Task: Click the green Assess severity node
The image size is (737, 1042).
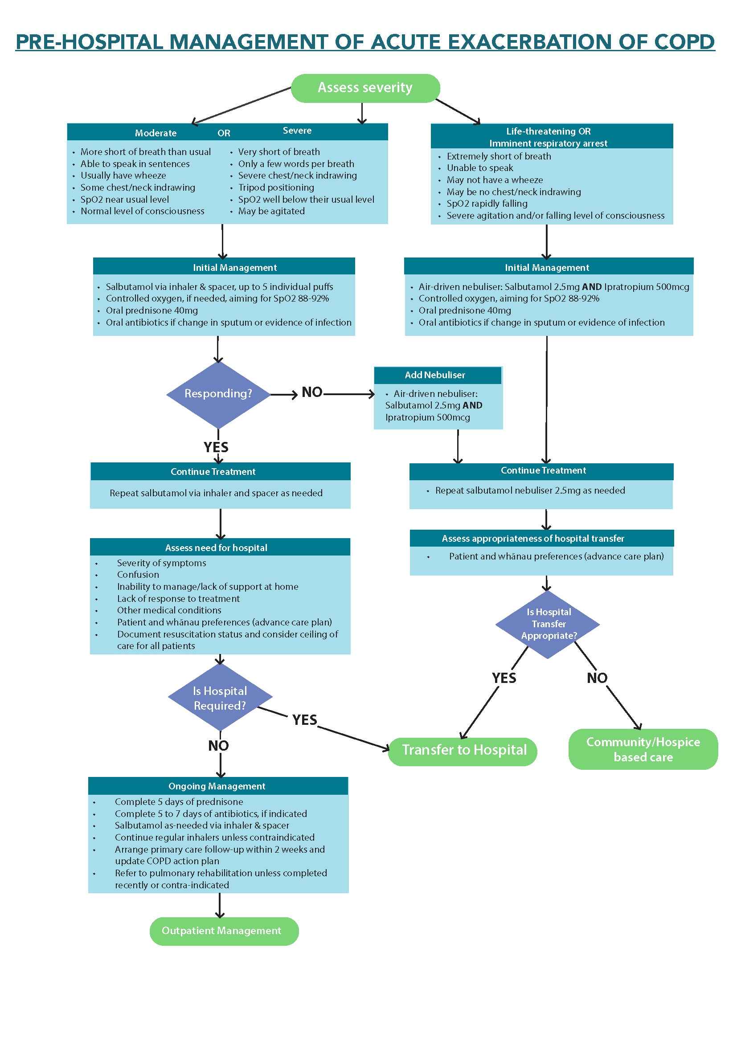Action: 365,88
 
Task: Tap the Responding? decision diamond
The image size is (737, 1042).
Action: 218,393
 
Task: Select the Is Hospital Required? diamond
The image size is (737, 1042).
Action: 220,698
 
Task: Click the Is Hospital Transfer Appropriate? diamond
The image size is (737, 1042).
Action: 548,624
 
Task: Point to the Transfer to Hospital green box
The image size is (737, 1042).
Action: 463,750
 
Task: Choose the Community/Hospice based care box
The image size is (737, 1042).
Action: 643,749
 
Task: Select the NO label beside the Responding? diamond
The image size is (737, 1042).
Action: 312,392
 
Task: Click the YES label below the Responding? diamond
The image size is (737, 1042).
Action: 216,447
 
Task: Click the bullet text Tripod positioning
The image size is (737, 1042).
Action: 276,188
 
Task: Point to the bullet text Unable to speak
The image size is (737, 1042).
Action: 480,168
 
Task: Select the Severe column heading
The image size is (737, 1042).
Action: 297,131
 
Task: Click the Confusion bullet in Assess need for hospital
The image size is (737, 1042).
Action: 138,575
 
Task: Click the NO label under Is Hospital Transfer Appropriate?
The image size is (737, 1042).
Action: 597,678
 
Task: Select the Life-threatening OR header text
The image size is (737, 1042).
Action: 548,131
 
